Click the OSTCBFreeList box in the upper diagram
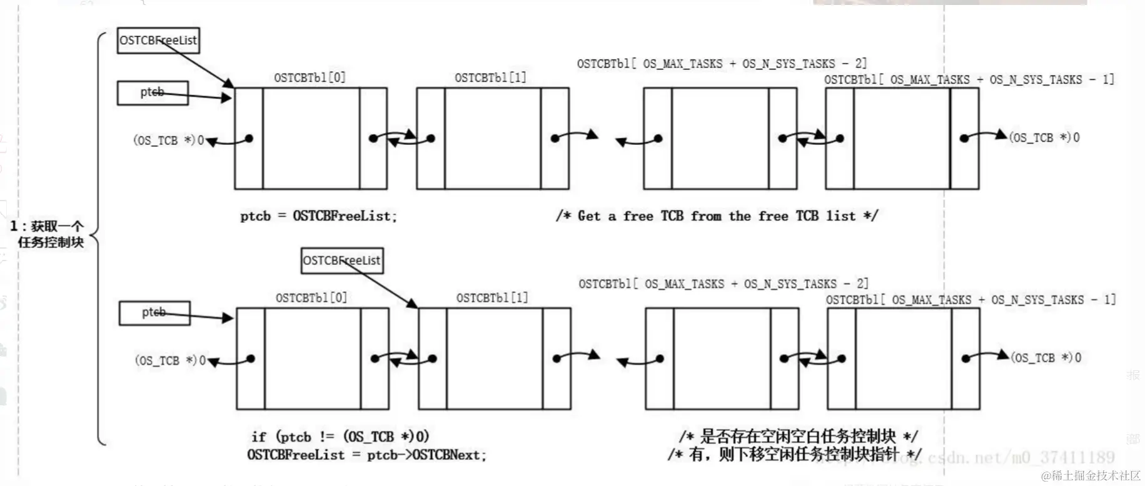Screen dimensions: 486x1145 coord(158,41)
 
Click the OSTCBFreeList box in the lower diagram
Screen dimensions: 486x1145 coord(341,260)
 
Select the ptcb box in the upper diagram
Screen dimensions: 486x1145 coord(153,93)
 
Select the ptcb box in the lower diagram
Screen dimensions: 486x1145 coord(154,313)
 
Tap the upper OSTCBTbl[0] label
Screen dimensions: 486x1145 coord(310,77)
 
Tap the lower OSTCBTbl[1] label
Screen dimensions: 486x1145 coord(492,298)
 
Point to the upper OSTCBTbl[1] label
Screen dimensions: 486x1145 coord(490,77)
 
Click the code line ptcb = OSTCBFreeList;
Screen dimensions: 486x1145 coord(318,216)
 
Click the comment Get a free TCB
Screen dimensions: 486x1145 coord(717,216)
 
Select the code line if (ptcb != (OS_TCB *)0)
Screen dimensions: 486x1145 coord(340,437)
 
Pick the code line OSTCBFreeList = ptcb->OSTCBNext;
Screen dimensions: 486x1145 coord(366,455)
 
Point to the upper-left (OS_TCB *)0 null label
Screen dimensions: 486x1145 coord(168,141)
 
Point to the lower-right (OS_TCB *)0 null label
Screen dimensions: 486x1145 coord(1046,358)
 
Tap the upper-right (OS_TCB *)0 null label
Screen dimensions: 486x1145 coord(1044,137)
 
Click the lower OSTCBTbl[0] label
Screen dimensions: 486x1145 coord(311,298)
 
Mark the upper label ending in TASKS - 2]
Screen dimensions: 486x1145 coord(722,64)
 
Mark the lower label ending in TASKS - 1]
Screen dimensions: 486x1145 coord(971,300)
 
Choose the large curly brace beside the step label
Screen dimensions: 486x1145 coord(99,237)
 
